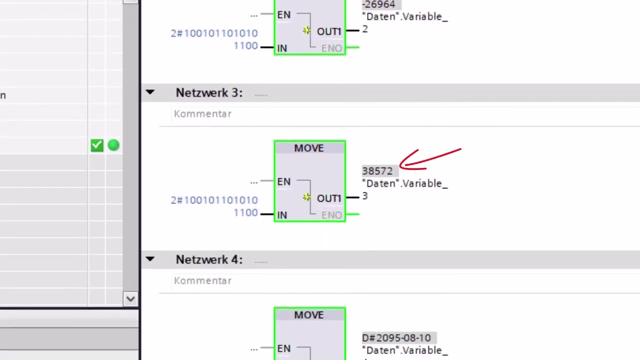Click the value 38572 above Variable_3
(377, 171)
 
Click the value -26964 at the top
(378, 4)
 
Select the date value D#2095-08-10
(396, 337)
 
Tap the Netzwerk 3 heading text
(209, 92)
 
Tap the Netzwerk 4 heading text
(209, 259)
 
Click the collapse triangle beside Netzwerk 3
(150, 92)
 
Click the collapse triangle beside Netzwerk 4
(150, 259)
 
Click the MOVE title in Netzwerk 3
(309, 148)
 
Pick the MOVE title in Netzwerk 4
(309, 315)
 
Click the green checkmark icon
(97, 145)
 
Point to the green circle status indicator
(113, 145)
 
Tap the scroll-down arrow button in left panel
(130, 299)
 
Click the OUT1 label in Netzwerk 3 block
(329, 198)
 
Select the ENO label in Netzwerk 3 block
(331, 215)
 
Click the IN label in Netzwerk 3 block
(282, 215)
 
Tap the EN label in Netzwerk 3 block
(283, 181)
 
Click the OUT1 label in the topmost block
(329, 31)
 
